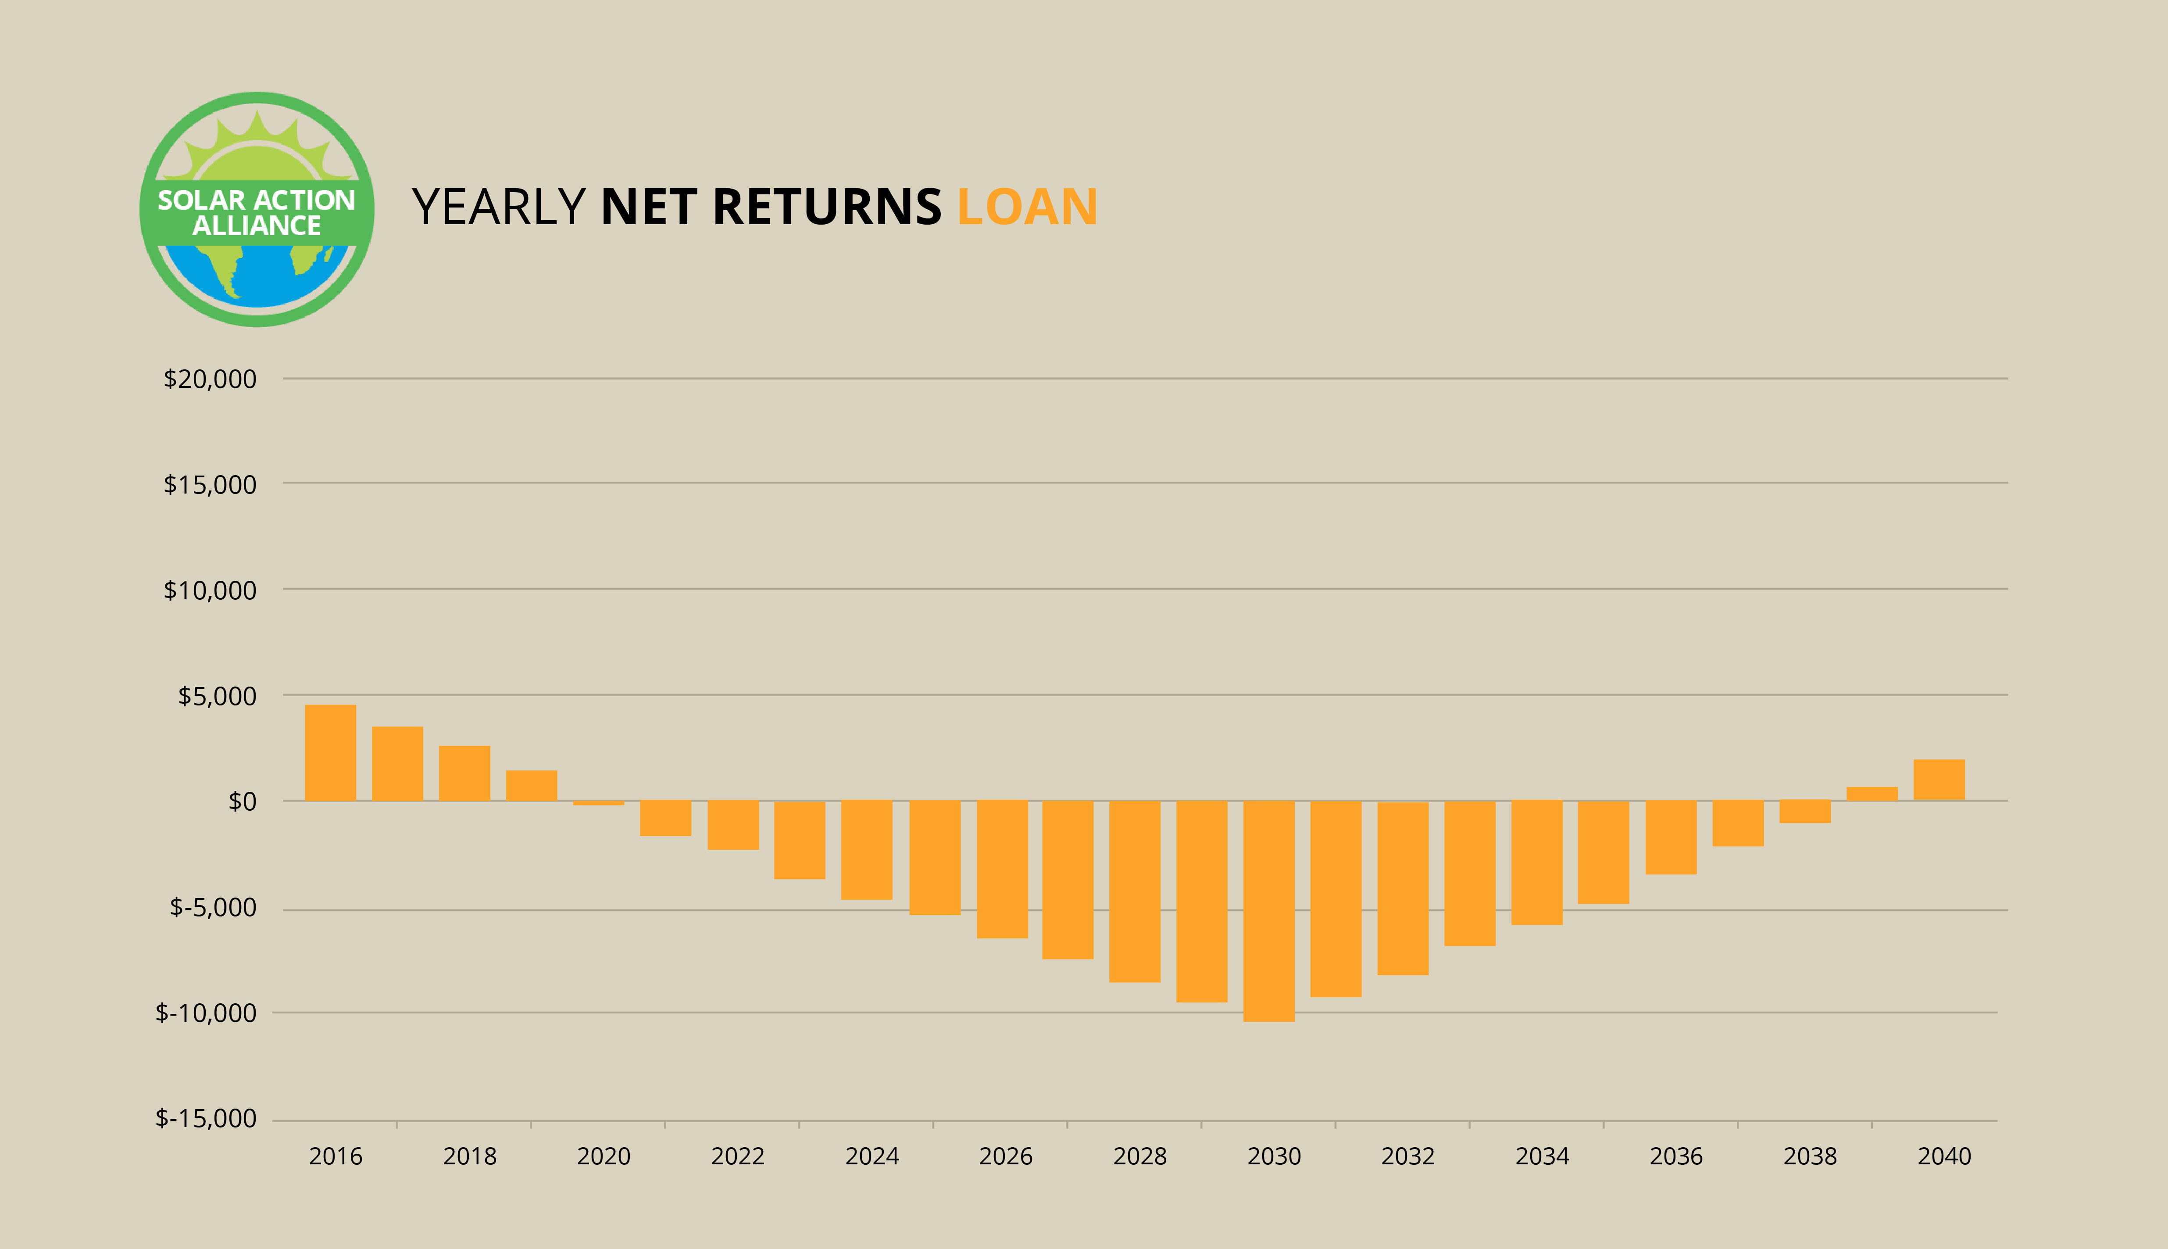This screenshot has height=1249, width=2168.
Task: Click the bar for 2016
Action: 330,752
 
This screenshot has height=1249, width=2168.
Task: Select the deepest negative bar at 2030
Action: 1268,911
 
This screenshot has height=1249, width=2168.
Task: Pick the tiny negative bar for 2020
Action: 599,803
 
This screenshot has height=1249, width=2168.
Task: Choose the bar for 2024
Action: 866,850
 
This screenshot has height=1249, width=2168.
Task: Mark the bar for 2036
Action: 1671,837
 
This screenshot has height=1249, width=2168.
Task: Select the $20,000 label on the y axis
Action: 210,379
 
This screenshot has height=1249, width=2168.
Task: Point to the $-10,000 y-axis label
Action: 206,1013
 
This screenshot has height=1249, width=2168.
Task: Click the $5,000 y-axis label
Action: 217,696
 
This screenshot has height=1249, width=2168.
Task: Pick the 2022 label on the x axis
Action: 738,1156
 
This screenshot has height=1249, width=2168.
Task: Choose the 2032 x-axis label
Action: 1408,1156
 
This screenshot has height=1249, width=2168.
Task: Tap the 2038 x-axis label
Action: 1811,1156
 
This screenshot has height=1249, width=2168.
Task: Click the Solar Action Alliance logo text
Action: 257,213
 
